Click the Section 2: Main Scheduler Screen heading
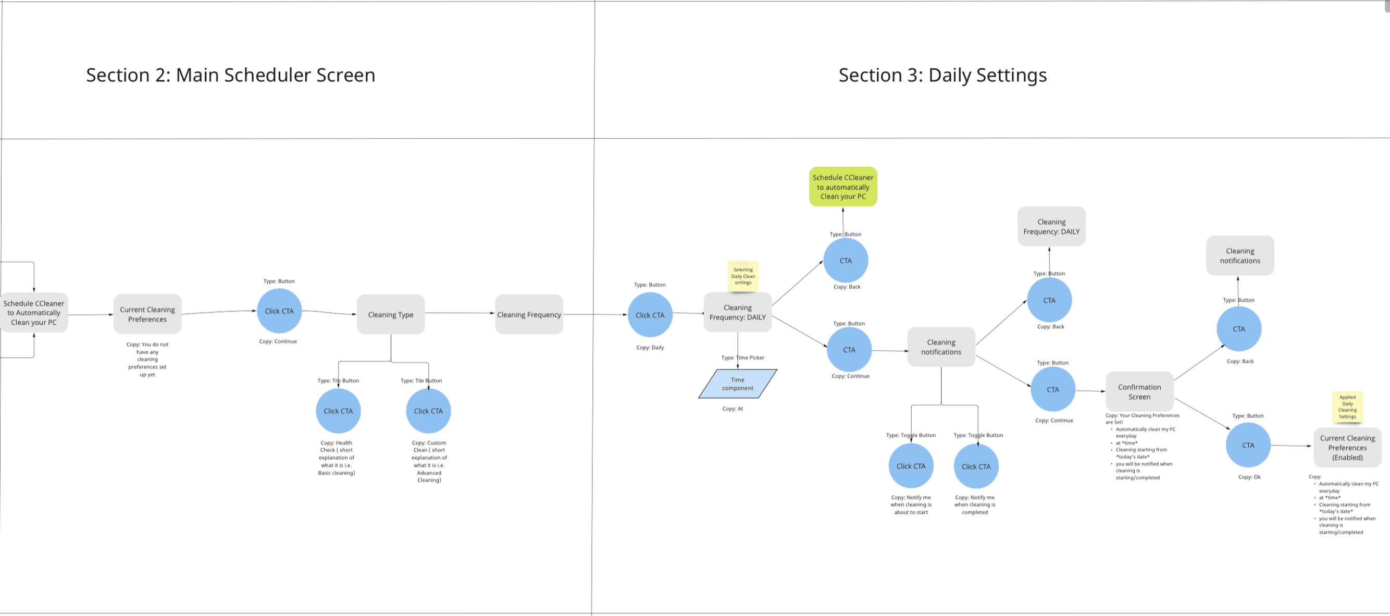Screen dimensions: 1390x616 click(230, 75)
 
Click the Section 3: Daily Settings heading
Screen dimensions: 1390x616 click(942, 75)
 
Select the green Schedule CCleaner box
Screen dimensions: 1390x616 click(843, 187)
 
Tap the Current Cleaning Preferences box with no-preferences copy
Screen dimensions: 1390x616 click(147, 314)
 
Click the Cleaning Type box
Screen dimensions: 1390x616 click(391, 314)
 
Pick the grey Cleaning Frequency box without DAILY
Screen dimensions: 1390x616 click(529, 314)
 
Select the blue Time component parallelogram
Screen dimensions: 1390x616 click(738, 384)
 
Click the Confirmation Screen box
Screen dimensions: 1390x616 click(1139, 391)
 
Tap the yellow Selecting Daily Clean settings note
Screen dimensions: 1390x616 click(743, 276)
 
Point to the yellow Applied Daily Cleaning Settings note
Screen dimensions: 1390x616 click(1347, 406)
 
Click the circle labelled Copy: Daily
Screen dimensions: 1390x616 click(650, 315)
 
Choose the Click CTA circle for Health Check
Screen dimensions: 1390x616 click(338, 411)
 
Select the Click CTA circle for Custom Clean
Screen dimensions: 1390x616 click(428, 411)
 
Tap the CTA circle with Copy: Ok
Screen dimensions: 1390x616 click(1248, 445)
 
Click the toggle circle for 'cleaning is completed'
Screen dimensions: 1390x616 click(976, 466)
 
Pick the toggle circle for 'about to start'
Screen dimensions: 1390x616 click(911, 466)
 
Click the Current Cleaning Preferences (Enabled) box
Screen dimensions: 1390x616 click(1347, 448)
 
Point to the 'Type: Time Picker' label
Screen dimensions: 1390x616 click(742, 358)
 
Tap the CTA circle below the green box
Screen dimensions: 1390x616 click(846, 260)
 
